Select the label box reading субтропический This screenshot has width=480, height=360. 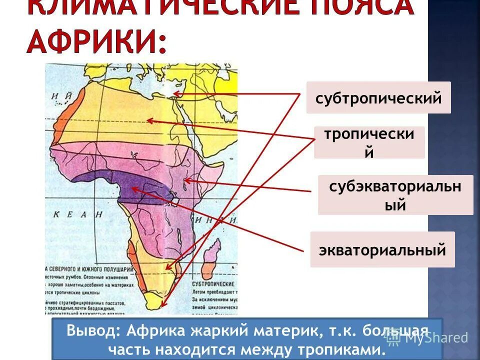click(378, 97)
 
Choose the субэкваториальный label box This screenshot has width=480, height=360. click(395, 195)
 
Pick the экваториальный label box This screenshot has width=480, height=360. click(382, 249)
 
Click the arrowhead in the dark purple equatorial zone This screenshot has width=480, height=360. click(134, 188)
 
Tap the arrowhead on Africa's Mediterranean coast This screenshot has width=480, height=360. click(175, 93)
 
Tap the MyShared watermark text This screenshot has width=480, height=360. click(435, 337)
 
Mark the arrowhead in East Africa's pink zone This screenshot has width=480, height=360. click(186, 180)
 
